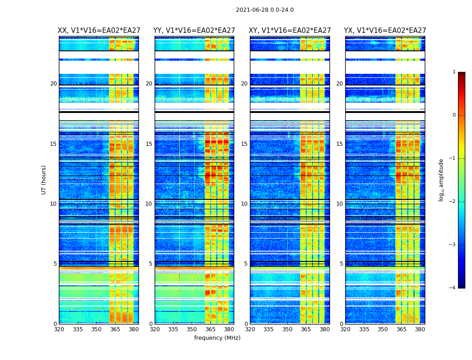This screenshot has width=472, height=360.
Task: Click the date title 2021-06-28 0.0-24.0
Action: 265,10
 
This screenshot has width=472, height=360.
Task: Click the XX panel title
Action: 99,31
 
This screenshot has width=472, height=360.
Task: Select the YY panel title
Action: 194,31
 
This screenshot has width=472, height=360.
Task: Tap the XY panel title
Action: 290,31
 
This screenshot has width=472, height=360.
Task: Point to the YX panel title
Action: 385,31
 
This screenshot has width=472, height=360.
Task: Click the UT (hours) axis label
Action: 44,180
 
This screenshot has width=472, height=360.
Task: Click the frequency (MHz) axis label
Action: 217,338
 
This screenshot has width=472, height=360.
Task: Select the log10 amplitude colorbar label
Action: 441,180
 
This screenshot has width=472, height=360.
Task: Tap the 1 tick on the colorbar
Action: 454,72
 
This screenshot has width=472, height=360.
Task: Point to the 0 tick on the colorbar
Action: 454,115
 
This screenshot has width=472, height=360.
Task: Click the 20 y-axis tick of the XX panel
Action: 53,84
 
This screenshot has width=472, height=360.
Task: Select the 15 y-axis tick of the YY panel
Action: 149,144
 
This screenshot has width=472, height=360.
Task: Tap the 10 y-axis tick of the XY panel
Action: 244,204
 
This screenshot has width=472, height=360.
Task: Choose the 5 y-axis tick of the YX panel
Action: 341,264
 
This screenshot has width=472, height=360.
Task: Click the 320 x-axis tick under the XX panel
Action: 59,329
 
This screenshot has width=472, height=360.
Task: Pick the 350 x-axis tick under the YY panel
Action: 191,329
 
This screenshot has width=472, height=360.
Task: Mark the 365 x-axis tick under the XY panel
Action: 306,329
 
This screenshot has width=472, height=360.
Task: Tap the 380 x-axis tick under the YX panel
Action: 420,329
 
